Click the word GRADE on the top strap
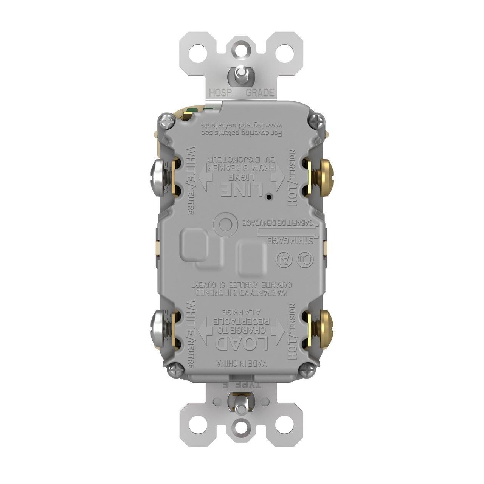click(x=260, y=93)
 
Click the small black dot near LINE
click(x=268, y=197)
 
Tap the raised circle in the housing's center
click(x=225, y=224)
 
